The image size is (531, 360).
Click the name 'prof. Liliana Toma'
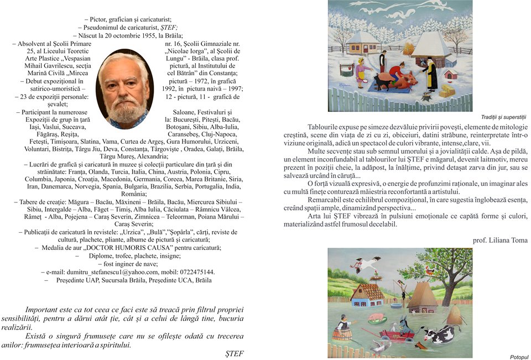tap(501, 240)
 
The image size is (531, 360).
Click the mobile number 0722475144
tap(196, 272)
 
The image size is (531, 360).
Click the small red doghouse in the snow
tap(451, 74)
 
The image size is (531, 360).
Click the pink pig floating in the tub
tap(376, 317)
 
